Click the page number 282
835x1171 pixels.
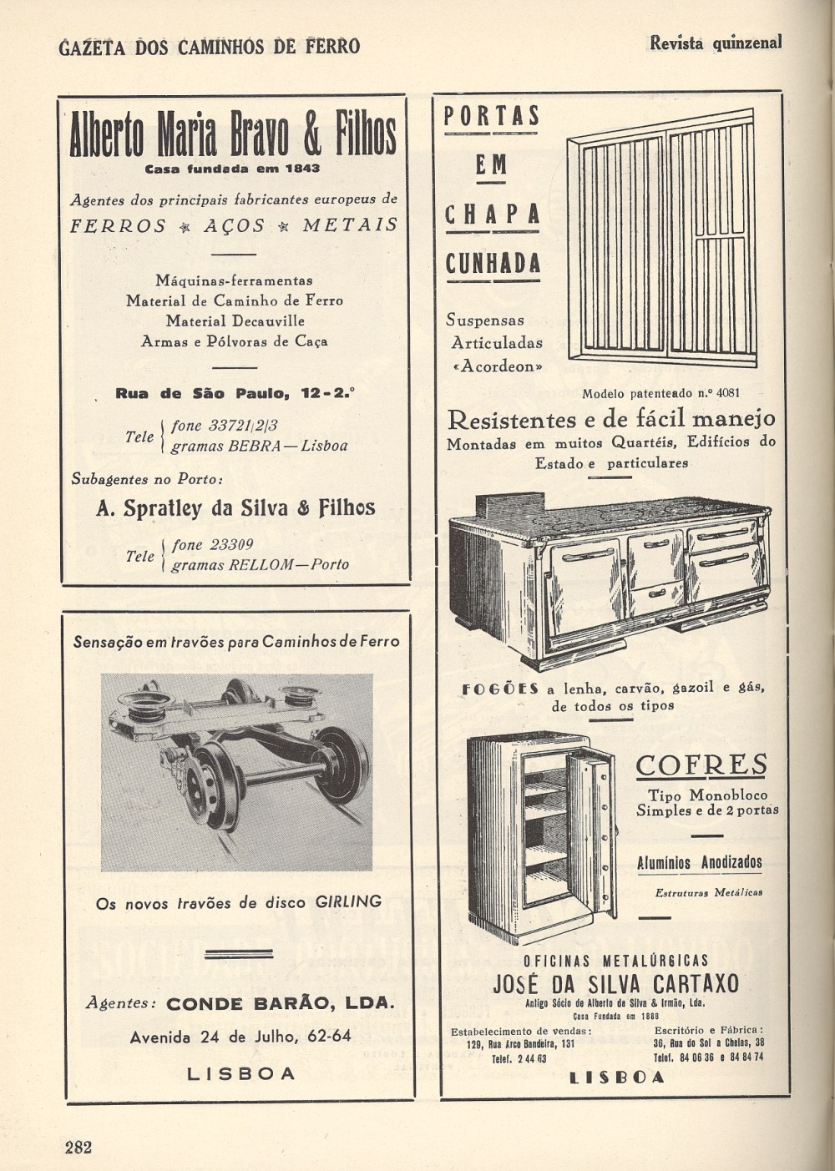tap(78, 1146)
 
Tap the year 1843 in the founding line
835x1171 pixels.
tap(301, 168)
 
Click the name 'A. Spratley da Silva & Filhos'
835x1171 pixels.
tap(235, 507)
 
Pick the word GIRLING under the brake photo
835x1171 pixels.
tap(348, 901)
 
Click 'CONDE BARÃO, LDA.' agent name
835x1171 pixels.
tap(279, 1003)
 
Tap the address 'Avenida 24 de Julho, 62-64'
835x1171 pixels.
tap(240, 1037)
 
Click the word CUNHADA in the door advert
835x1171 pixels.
tap(493, 264)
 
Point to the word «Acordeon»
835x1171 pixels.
tap(498, 366)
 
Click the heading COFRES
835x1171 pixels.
tap(701, 765)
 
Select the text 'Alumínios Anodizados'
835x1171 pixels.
tap(699, 861)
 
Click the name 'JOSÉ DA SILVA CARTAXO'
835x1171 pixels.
tap(615, 983)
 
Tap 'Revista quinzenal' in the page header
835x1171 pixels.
tap(716, 43)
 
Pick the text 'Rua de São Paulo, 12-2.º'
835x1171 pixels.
tap(235, 393)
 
